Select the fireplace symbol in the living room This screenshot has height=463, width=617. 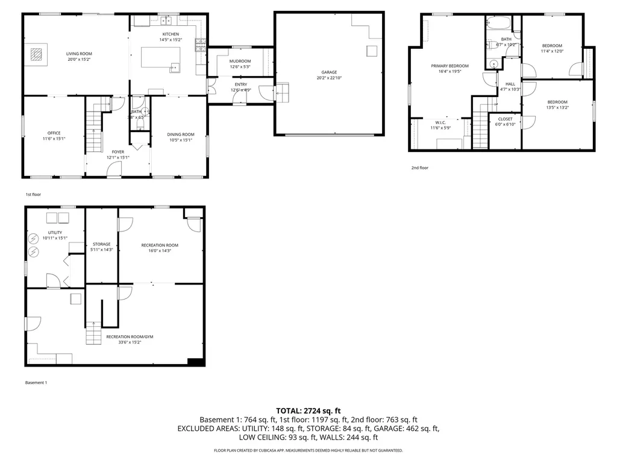[37, 55]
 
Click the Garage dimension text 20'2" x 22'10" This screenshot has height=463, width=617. [328, 78]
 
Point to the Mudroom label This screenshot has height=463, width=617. [240, 61]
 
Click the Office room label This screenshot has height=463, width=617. [54, 133]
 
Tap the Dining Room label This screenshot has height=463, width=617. [181, 134]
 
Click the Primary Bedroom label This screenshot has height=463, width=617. [449, 66]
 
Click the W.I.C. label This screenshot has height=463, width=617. [440, 122]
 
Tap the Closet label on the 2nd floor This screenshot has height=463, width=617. [505, 119]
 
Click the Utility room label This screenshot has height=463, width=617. [55, 232]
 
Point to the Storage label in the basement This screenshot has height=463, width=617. [101, 244]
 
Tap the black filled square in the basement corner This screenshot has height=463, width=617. [195, 361]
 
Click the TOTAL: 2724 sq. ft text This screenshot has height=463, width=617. [308, 411]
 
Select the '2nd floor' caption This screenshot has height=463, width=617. [420, 168]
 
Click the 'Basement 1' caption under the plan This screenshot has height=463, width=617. [36, 383]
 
